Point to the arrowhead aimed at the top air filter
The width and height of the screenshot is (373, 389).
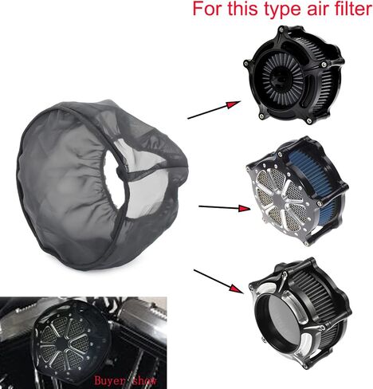234,104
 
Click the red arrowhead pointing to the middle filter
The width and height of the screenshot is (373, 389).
244,208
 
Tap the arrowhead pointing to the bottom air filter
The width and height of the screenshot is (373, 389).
237,289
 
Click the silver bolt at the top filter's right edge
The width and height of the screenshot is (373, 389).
324,65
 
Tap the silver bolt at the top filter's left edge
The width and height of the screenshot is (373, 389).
246,63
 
